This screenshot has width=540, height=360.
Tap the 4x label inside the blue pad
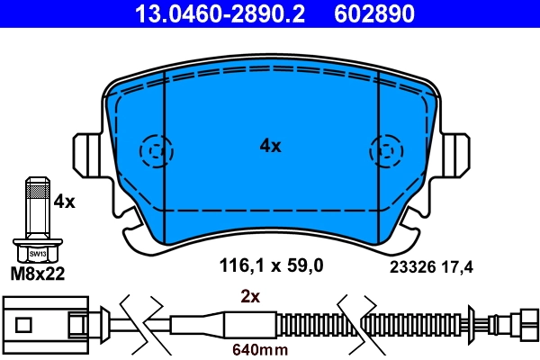coord(270,145)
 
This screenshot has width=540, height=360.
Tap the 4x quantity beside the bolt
coord(64,202)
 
